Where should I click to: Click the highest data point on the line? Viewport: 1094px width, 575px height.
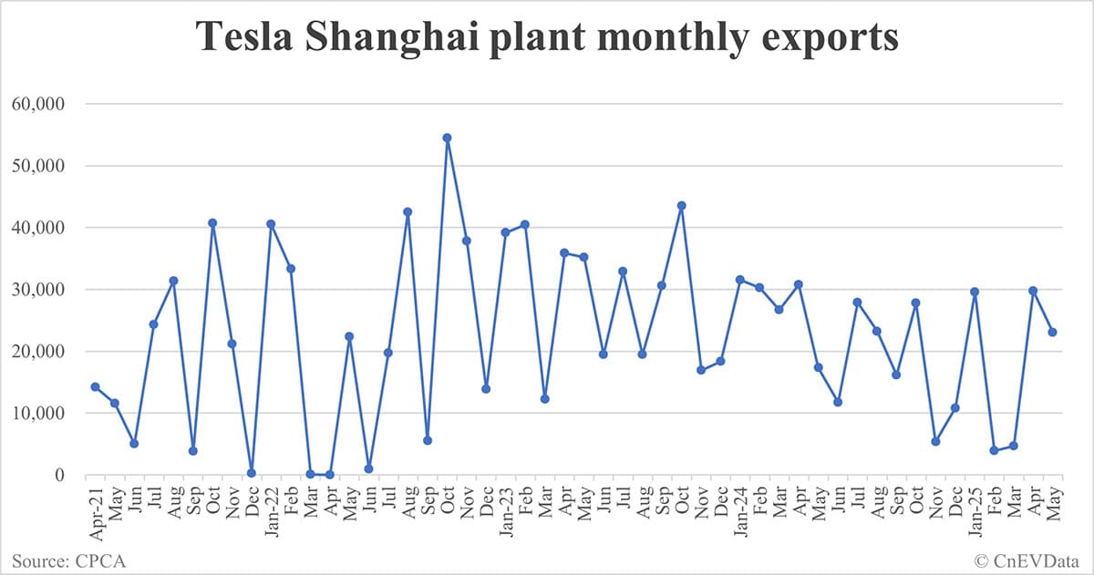point(447,138)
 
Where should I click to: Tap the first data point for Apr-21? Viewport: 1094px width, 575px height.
point(95,386)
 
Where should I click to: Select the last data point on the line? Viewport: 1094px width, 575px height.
point(1052,332)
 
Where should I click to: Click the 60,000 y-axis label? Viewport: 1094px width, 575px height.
point(37,104)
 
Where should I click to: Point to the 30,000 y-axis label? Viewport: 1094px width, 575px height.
point(37,290)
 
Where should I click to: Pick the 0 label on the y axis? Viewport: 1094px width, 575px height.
point(59,475)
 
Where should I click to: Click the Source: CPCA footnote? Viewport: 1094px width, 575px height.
point(69,560)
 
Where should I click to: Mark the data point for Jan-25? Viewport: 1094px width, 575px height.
point(974,292)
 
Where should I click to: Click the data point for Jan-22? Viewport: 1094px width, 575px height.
point(271,223)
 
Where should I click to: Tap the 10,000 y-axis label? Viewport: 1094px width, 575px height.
point(37,414)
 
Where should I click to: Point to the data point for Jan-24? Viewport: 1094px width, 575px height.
point(739,279)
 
